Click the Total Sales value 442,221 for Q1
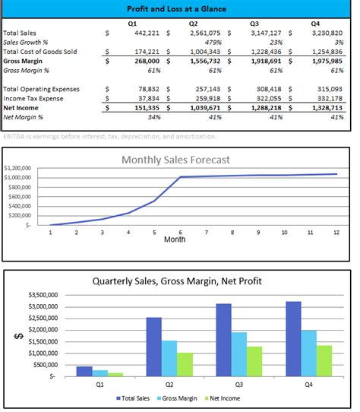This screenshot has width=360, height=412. [x=142, y=33]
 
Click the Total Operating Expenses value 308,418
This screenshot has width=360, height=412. [x=265, y=89]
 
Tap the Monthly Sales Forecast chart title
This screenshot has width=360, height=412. [x=176, y=160]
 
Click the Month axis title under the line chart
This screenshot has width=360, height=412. [x=175, y=239]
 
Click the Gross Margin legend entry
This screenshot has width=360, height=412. [x=180, y=398]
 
